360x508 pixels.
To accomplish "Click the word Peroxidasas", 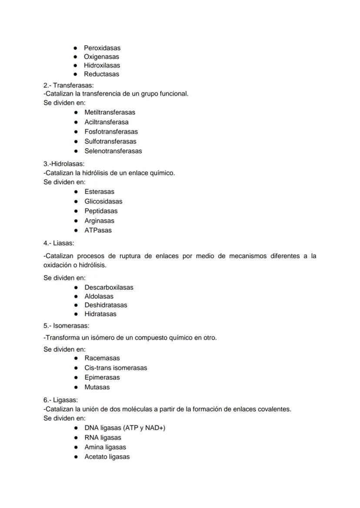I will point(102,48).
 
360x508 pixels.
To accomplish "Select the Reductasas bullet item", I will point(101,74).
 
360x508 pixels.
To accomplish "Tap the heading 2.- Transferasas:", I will point(68,85).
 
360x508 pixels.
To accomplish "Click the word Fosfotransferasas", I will point(111,132).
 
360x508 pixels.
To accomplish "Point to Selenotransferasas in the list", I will point(113,151).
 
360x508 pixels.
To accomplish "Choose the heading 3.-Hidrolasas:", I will point(64,164).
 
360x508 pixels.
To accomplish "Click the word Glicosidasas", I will point(103,201).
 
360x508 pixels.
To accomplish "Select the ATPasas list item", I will point(98,230).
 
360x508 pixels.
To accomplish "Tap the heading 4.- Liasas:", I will point(59,243).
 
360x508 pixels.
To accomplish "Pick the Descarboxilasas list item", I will point(109,287).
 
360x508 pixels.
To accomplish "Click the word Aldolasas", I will point(99,296).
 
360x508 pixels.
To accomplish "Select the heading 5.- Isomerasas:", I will point(66,325).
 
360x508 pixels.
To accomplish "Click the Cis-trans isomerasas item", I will point(116,368).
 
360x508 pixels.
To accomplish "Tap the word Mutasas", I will point(97,387).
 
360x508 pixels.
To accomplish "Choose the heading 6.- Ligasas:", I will point(60,400).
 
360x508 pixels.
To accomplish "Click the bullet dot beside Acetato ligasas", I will point(76,457).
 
